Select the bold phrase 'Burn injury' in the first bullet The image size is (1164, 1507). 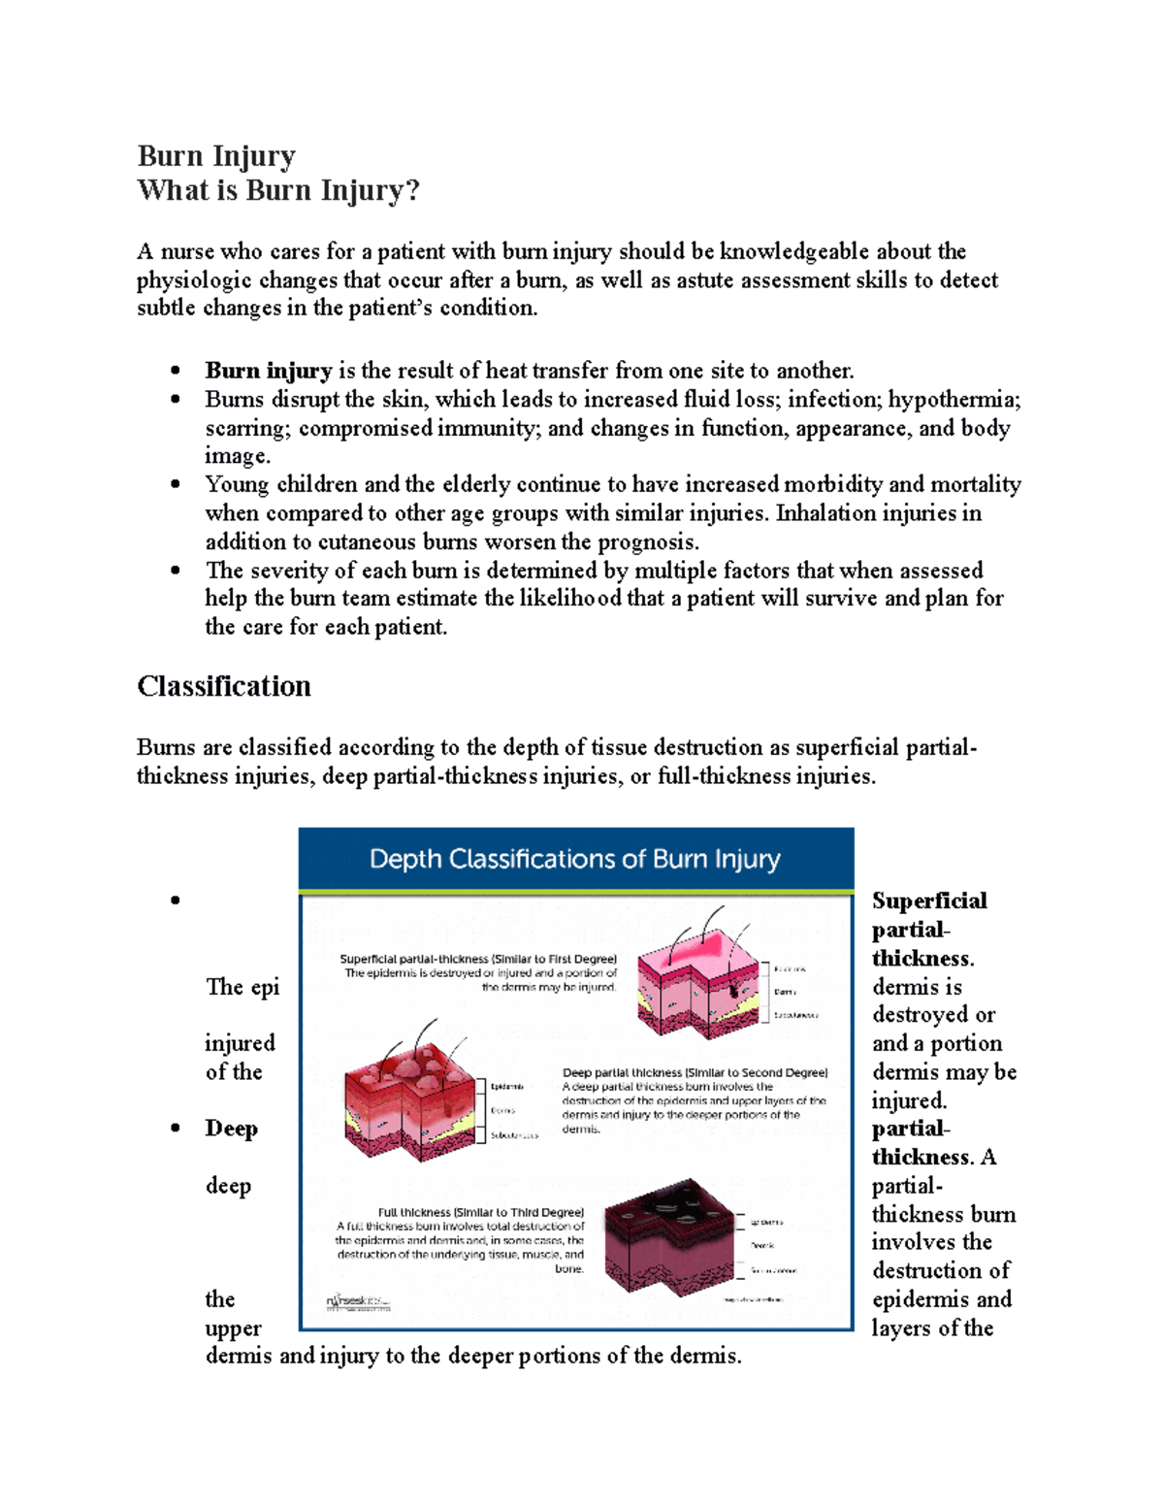coord(268,371)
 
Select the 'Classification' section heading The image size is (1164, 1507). coord(224,687)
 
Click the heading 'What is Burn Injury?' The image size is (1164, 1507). coord(278,190)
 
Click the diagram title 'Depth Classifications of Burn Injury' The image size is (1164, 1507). coord(575,860)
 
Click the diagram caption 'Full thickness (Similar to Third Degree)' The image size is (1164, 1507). coord(481,1212)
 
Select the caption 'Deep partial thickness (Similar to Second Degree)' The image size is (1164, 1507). coord(695,1073)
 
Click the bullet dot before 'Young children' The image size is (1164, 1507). coord(176,484)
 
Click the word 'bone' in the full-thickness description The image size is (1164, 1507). coord(568,1268)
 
